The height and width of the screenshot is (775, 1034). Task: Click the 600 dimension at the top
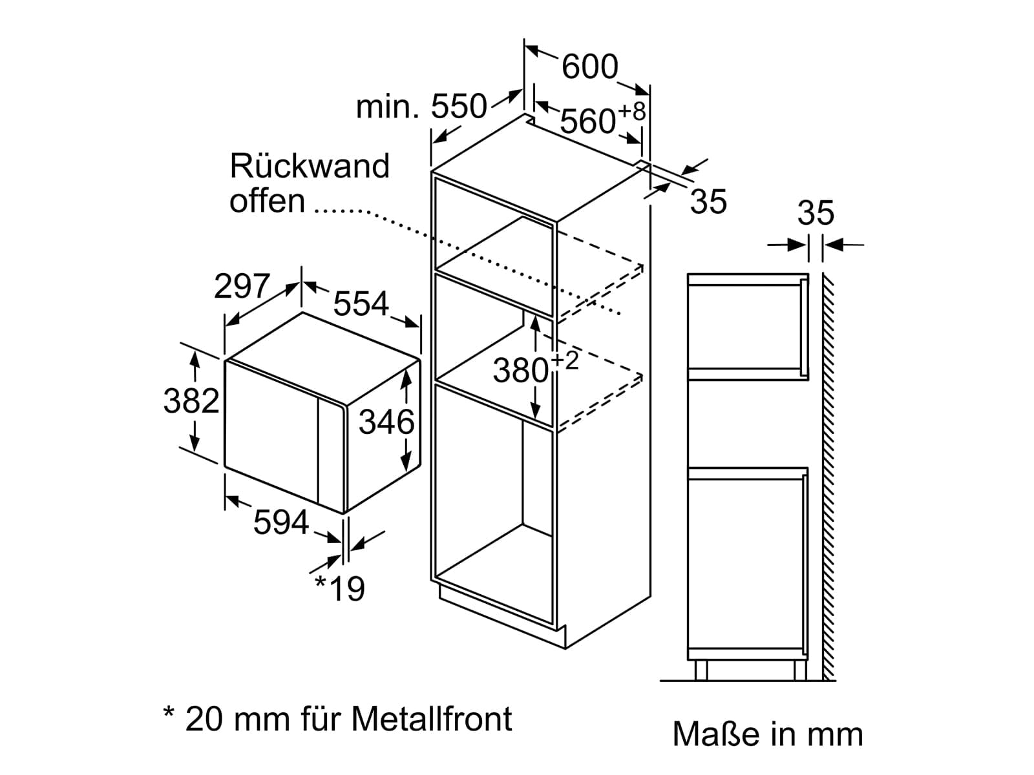coord(589,67)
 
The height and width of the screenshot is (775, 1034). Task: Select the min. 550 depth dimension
coord(421,107)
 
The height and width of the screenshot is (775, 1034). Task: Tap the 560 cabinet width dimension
coord(587,121)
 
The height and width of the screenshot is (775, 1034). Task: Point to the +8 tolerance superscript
coord(631,112)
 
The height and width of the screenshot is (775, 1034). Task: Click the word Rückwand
coord(310,165)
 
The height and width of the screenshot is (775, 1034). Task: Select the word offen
coord(267,201)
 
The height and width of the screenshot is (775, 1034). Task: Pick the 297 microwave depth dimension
coord(242,285)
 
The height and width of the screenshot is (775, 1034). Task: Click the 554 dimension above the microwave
coord(361,304)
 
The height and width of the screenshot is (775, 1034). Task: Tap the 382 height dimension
coord(191,401)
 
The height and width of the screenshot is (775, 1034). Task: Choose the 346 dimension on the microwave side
coord(386,422)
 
